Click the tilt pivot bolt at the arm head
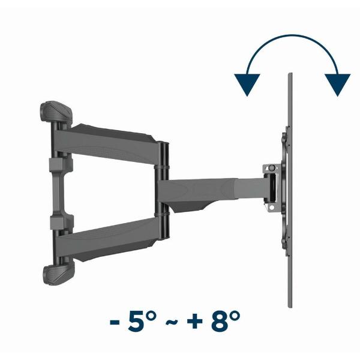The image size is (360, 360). [272, 168]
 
